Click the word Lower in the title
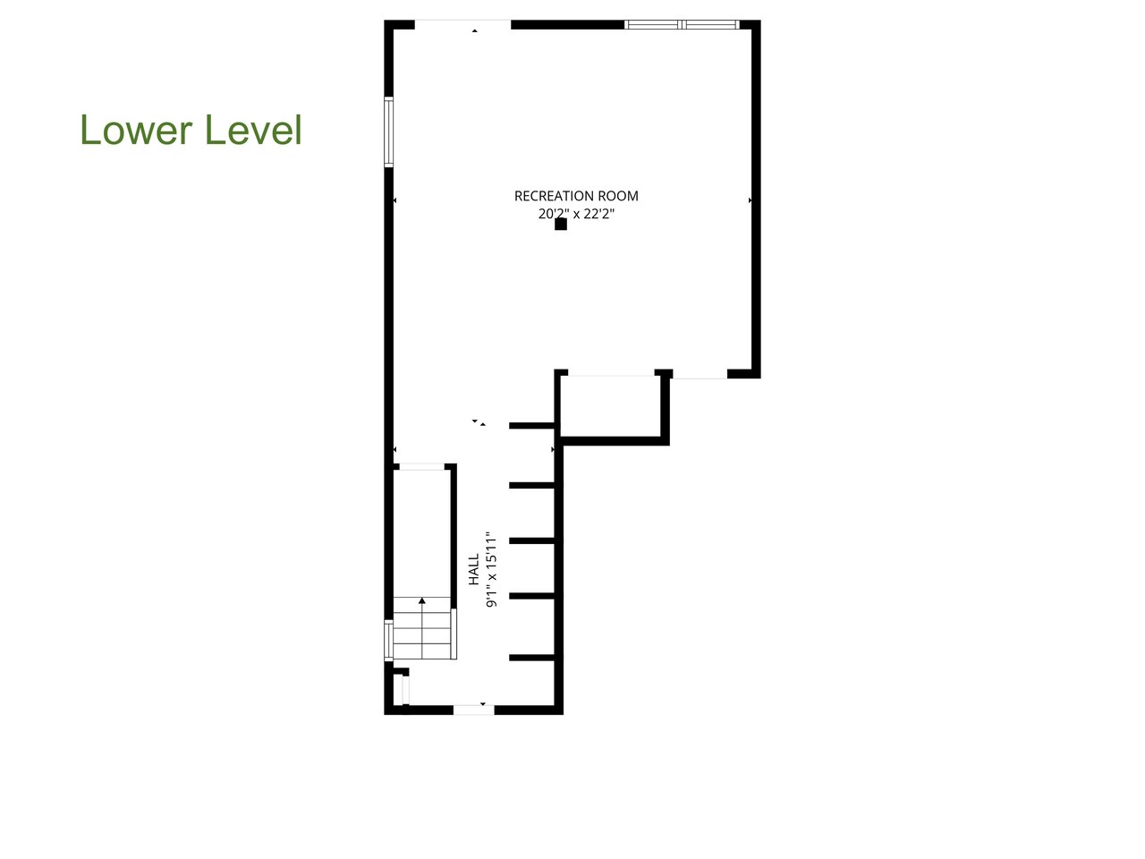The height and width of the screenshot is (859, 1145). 136,130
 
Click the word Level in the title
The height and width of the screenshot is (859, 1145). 254,130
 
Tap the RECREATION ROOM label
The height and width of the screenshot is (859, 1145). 576,196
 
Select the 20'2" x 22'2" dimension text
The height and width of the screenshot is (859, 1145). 576,215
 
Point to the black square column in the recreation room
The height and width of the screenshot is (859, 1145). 561,225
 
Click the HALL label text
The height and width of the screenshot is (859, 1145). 474,569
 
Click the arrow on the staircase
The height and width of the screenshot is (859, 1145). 422,601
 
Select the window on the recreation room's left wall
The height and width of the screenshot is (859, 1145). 389,132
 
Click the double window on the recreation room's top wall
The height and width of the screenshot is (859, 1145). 683,24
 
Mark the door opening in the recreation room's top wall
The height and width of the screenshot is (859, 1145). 462,24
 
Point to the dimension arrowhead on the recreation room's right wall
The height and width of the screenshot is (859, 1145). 750,200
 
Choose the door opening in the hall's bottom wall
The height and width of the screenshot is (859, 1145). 473,710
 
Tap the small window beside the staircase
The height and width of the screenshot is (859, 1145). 388,640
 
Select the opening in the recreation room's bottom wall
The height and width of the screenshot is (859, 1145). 700,374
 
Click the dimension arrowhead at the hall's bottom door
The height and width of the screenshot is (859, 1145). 483,704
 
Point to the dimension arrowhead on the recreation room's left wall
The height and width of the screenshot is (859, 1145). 394,200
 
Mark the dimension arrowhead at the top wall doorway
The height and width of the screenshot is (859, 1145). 475,31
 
